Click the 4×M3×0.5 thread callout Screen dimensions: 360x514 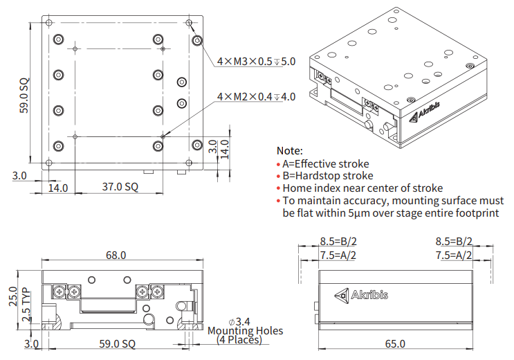(x=256, y=62)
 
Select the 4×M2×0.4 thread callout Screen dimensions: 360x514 (x=256, y=97)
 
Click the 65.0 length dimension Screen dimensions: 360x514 (x=394, y=343)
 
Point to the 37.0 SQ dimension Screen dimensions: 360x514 (x=121, y=187)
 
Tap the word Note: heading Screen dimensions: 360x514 (x=289, y=150)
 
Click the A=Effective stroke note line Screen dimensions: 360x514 (x=326, y=164)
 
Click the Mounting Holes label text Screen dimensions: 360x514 (x=246, y=331)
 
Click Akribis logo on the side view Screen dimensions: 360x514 (x=360, y=295)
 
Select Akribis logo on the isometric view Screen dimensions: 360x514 (x=428, y=114)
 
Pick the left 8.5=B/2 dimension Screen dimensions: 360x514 (x=338, y=242)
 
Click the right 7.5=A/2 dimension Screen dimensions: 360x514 (x=454, y=255)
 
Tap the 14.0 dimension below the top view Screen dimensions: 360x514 (x=57, y=188)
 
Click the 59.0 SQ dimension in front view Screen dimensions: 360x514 (x=118, y=343)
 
